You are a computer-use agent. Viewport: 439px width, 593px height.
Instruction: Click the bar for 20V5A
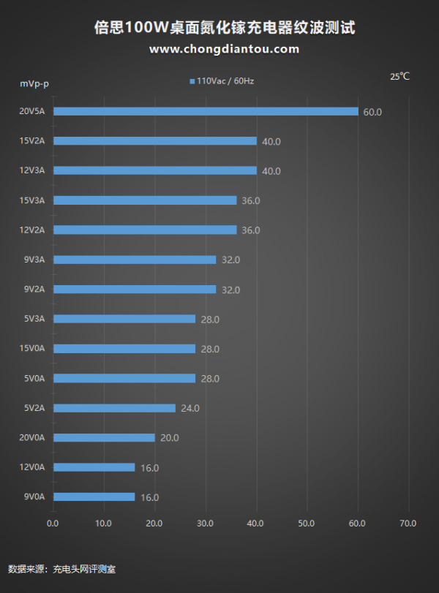206,111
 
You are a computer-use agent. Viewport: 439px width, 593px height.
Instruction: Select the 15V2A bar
154,141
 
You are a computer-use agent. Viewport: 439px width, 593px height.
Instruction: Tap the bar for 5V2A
114,408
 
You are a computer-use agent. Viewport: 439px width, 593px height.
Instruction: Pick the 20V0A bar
104,438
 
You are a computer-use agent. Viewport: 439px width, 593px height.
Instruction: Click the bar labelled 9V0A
94,497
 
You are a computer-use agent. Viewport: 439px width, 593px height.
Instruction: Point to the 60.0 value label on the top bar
372,112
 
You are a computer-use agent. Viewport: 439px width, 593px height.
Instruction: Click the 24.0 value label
190,408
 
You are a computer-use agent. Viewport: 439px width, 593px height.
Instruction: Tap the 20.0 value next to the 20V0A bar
169,438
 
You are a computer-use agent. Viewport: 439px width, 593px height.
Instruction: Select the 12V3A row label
32,170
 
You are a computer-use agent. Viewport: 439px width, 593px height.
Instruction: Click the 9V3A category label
34,259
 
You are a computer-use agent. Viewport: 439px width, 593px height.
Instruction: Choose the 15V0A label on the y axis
32,348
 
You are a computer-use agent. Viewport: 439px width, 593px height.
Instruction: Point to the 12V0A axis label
32,467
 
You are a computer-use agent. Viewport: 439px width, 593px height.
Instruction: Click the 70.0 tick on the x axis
408,524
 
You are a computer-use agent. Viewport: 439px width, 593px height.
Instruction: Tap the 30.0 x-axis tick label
205,524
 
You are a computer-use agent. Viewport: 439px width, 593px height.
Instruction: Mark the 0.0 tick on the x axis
53,524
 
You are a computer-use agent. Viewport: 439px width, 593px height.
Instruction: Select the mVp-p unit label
34,83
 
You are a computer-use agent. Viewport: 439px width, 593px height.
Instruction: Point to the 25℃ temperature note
399,76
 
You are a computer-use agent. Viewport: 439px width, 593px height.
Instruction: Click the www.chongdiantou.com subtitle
224,49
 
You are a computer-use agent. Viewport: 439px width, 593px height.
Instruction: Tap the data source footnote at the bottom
61,568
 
